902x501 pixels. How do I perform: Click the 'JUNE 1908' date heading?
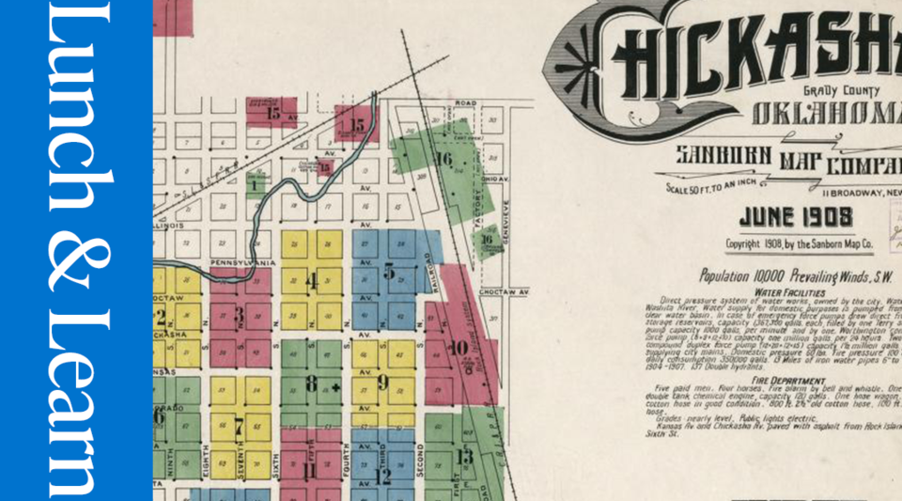point(795,218)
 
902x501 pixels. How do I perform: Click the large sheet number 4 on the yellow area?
point(311,278)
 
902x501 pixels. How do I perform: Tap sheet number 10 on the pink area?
point(459,348)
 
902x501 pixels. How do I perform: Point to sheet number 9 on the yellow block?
point(383,382)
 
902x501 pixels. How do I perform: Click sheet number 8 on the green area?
point(311,383)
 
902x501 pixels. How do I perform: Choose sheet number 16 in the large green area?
point(444,159)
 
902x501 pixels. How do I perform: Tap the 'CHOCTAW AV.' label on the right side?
point(506,292)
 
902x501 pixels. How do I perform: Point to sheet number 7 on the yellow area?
point(239,424)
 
